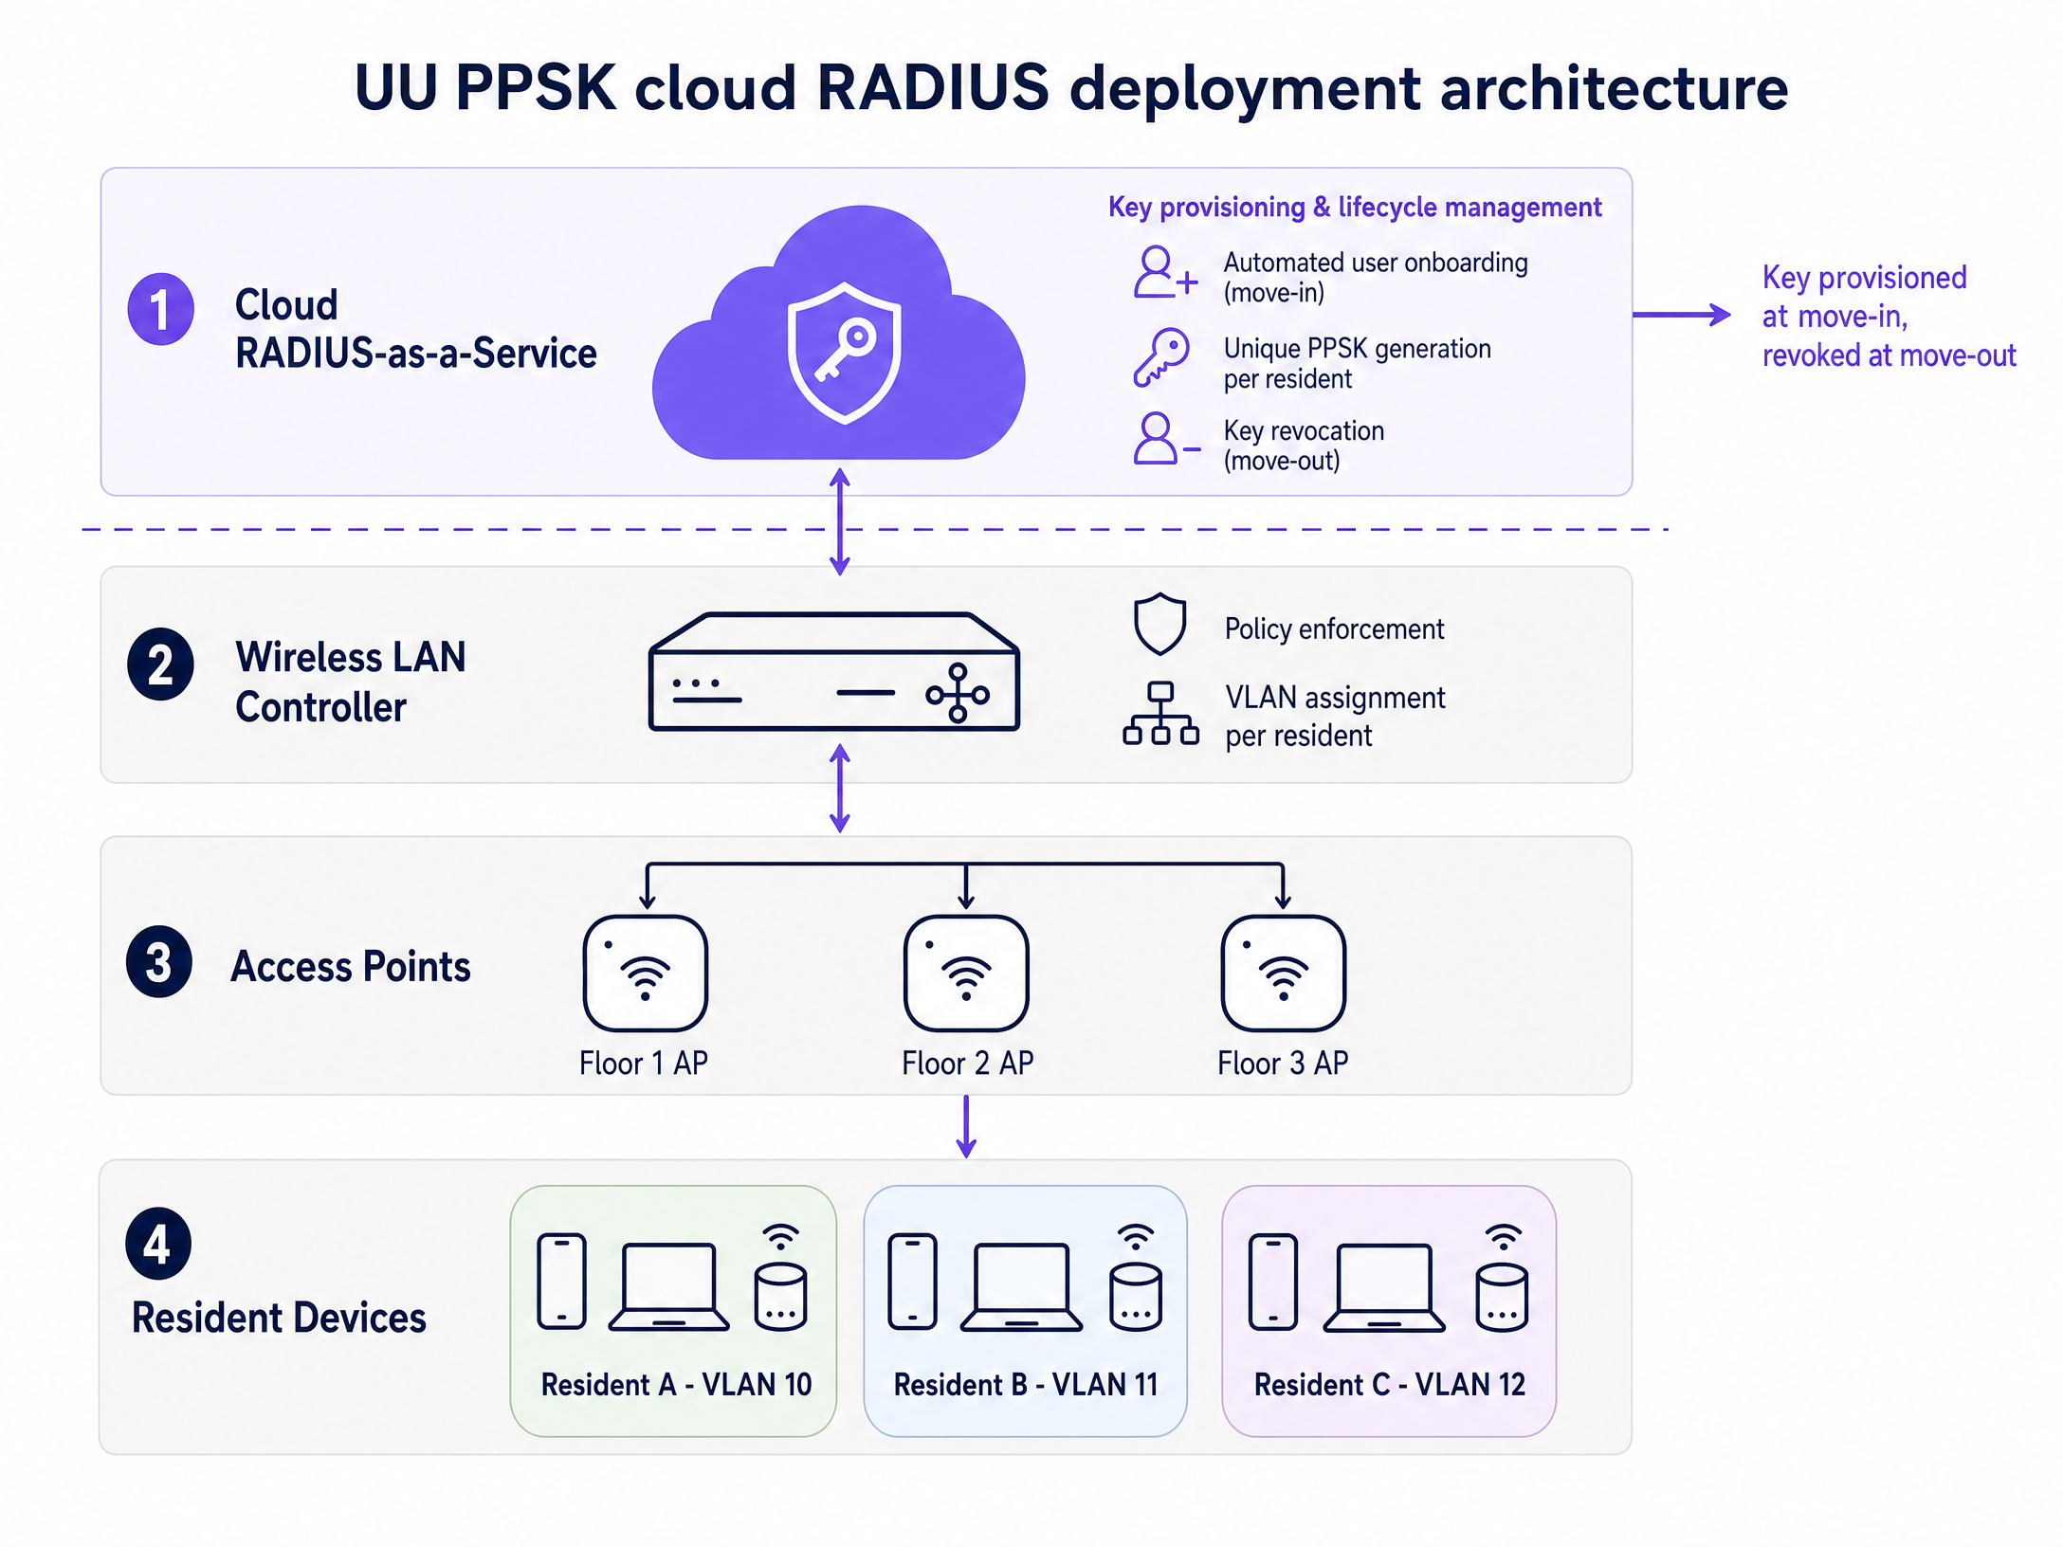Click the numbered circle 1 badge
point(160,309)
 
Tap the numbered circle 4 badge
point(158,1243)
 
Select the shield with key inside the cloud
point(844,352)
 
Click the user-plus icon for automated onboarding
point(1165,273)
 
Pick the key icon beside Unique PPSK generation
point(1161,357)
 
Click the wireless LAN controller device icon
point(834,671)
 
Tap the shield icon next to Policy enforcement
point(1160,625)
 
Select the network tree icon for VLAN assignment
point(1160,714)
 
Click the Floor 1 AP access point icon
point(646,973)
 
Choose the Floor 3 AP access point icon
point(1283,973)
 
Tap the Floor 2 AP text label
point(967,1064)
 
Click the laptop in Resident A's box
point(669,1286)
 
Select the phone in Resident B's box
point(913,1282)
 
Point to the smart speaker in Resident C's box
point(1503,1279)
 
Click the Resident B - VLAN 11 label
point(1026,1385)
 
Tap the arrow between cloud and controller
point(840,521)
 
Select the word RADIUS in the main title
point(933,87)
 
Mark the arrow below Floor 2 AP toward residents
point(966,1126)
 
